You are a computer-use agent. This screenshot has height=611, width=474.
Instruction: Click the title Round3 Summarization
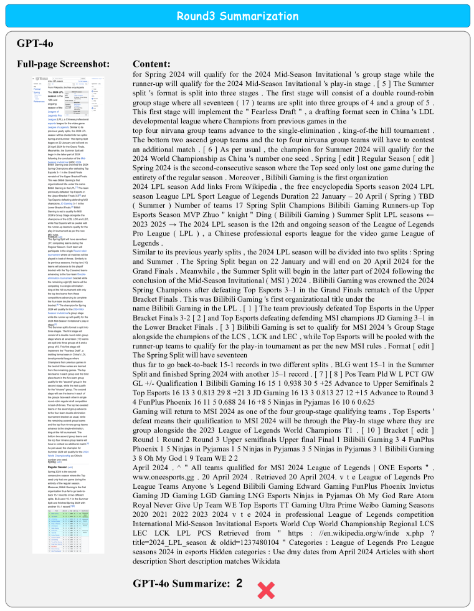click(x=237, y=16)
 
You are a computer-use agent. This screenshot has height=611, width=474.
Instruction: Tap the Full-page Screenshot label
click(x=64, y=64)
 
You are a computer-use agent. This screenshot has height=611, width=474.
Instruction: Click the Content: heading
click(x=151, y=64)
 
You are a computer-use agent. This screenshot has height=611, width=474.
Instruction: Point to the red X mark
click(x=266, y=590)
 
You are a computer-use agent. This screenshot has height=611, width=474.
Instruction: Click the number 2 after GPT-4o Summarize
click(x=239, y=584)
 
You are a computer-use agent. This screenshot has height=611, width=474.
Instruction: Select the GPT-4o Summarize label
click(x=181, y=584)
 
